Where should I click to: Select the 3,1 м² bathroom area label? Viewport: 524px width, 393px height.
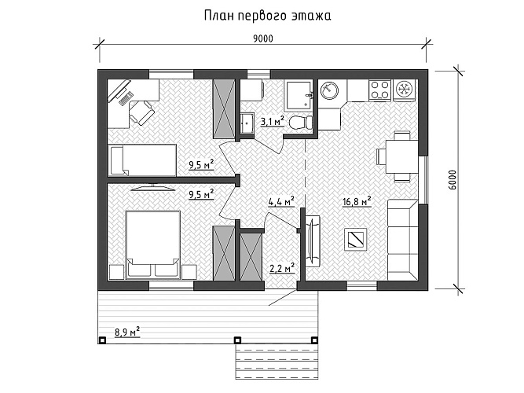click(271, 120)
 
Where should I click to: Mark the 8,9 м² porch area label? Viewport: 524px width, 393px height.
click(126, 332)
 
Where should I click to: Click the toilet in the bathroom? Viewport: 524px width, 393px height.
click(299, 123)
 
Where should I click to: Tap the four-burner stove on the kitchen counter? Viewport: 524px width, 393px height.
click(381, 90)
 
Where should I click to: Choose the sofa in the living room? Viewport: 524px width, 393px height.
click(405, 237)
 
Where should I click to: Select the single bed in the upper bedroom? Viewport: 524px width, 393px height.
click(142, 159)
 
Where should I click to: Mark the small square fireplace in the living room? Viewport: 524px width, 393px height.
click(356, 239)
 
